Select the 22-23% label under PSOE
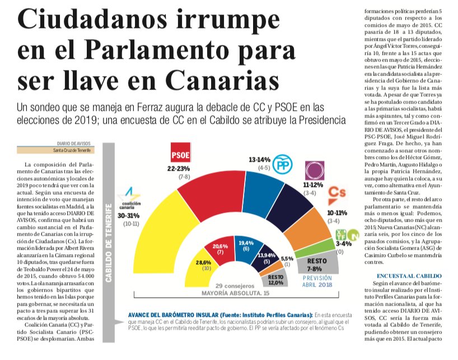(x=179, y=169)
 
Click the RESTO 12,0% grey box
(x=275, y=278)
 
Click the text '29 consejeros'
(x=235, y=286)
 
